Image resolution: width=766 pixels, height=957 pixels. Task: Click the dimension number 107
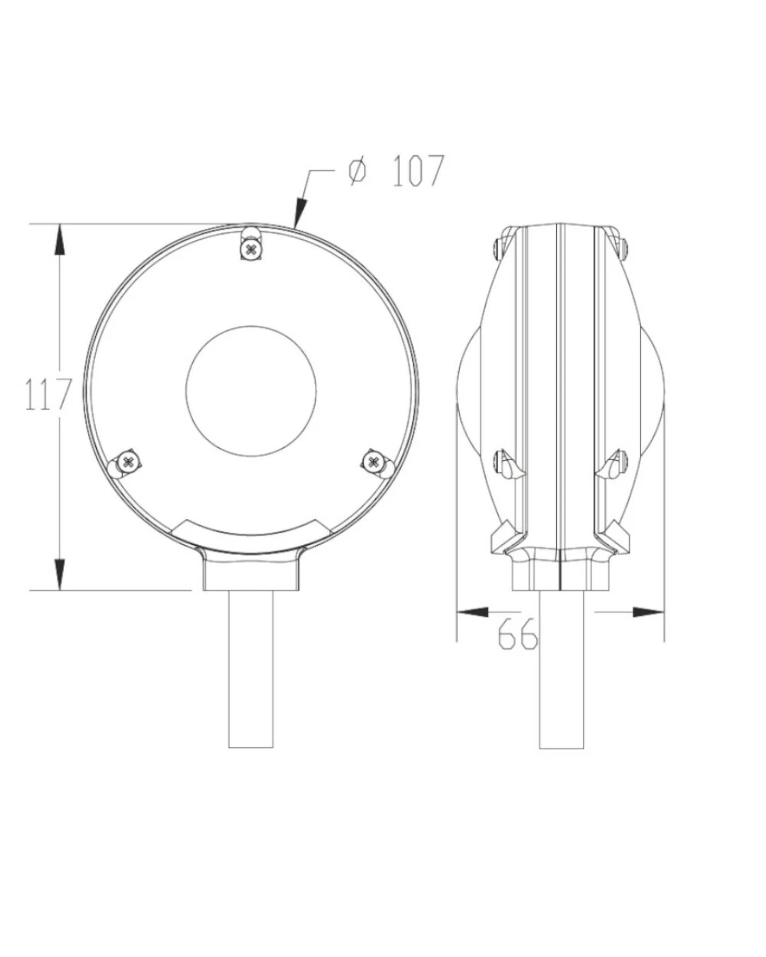pyautogui.click(x=418, y=171)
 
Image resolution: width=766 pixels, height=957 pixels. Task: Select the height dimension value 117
pyautogui.click(x=48, y=394)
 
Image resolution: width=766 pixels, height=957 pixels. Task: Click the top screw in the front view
pyautogui.click(x=252, y=250)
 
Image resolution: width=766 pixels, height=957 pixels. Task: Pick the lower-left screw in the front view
pyautogui.click(x=128, y=461)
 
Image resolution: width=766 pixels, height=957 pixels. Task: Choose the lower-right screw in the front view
pyautogui.click(x=373, y=461)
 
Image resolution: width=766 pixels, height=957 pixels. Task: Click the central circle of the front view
pyautogui.click(x=251, y=391)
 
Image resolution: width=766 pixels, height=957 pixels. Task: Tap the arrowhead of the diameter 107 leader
pyautogui.click(x=301, y=212)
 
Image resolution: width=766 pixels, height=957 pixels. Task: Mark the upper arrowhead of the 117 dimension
pyautogui.click(x=60, y=240)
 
